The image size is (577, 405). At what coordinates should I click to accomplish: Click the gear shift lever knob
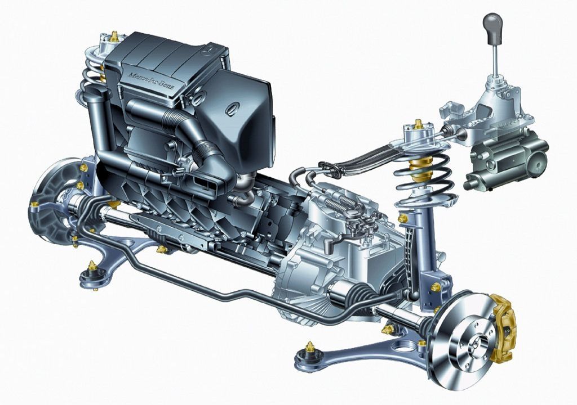pyautogui.click(x=493, y=28)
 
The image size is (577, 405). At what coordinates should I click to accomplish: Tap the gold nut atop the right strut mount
pyautogui.click(x=418, y=124)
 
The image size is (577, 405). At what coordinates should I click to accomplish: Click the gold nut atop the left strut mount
pyautogui.click(x=114, y=36)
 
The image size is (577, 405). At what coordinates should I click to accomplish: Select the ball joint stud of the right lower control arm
pyautogui.click(x=310, y=346)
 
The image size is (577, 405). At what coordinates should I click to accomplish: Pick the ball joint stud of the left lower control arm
pyautogui.click(x=91, y=265)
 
